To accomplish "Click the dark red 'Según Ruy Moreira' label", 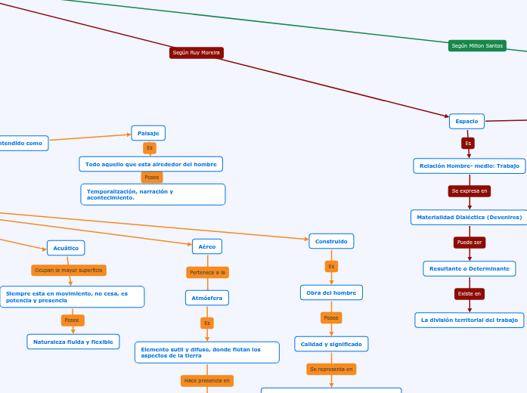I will tap(196, 53).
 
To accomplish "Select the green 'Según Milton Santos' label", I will tap(477, 46).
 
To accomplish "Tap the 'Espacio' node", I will tap(467, 121).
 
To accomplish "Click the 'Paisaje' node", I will tap(148, 133).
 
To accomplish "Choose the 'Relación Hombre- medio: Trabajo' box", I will tap(470, 166).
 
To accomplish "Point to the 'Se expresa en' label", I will tap(469, 191).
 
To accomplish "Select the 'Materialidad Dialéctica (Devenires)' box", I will tap(469, 217).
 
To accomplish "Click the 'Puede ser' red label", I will tap(469, 243).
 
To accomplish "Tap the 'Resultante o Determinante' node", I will tap(469, 268).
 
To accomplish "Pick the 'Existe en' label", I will tap(469, 294).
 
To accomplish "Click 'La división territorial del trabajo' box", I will tap(469, 320).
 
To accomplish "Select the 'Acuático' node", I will tap(66, 248).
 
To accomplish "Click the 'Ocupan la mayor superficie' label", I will tap(69, 270).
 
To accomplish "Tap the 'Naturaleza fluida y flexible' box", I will tap(73, 342).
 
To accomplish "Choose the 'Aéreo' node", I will tap(207, 246).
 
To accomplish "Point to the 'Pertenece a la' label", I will tap(207, 272).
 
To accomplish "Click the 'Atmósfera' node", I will tap(206, 298).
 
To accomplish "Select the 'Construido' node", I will tap(331, 241).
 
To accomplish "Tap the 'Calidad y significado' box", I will tap(331, 344).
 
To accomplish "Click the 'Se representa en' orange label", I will tap(331, 370).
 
